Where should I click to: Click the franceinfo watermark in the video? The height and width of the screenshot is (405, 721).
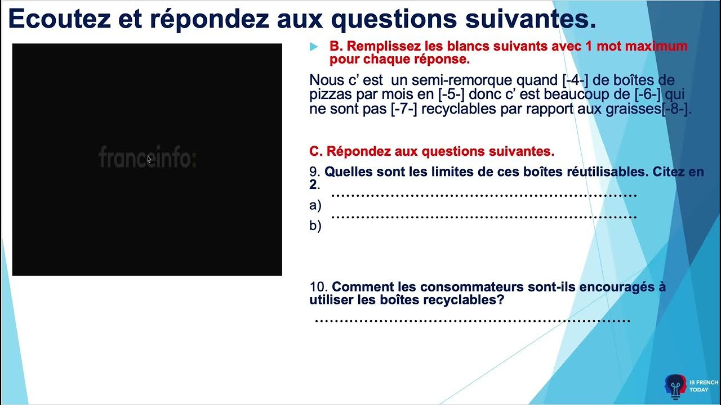148,157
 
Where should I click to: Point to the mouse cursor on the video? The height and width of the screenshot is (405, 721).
149,160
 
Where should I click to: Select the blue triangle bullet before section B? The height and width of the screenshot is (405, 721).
314,47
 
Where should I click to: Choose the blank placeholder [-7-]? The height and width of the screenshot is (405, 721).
404,109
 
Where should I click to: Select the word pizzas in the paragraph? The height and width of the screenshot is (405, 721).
330,94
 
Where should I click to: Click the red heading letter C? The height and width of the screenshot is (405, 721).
315,151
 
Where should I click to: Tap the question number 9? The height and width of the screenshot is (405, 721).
314,172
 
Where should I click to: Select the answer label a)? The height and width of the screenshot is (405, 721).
315,205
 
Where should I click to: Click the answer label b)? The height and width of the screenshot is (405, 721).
315,226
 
